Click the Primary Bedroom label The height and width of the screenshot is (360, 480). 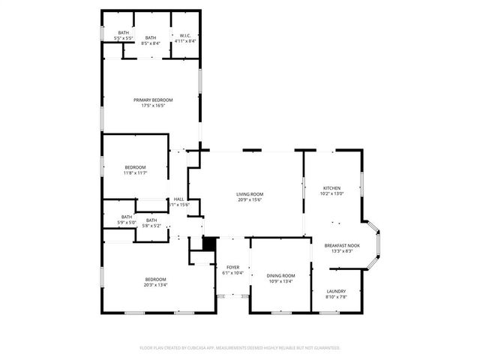(153, 100)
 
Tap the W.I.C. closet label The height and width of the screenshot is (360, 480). (185, 35)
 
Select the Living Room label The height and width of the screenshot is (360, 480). (250, 194)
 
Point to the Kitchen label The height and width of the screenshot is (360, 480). (332, 188)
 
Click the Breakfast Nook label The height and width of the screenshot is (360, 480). (342, 245)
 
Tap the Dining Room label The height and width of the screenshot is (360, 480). (281, 276)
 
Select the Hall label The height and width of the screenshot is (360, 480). (178, 199)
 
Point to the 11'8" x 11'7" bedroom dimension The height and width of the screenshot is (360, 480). (135, 173)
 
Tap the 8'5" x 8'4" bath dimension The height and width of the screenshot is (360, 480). (151, 43)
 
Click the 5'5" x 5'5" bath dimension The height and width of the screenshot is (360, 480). (123, 38)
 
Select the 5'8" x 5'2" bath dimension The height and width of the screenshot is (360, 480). (151, 226)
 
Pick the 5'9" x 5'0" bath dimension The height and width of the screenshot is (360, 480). (126, 222)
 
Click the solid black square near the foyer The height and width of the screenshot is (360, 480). (209, 244)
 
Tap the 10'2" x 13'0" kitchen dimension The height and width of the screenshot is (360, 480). (332, 194)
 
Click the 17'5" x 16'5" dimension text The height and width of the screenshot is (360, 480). (153, 106)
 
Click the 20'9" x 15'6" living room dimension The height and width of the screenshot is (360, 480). (250, 200)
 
